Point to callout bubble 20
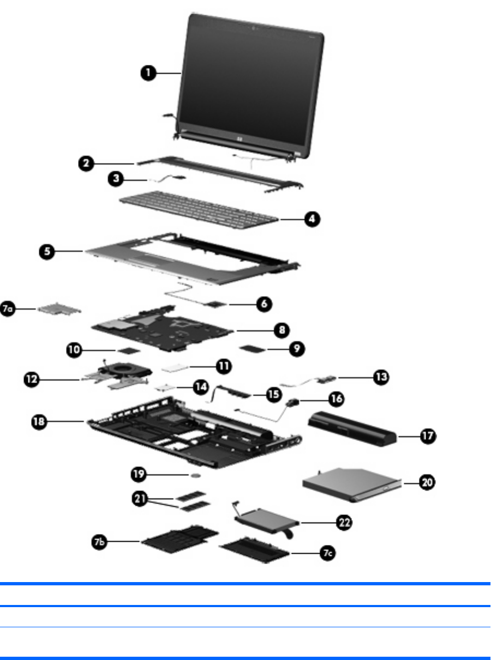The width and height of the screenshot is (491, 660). click(428, 482)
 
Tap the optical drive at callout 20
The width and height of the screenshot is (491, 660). click(349, 487)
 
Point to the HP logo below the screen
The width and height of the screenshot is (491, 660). click(238, 140)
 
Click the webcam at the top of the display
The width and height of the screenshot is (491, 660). click(254, 27)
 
